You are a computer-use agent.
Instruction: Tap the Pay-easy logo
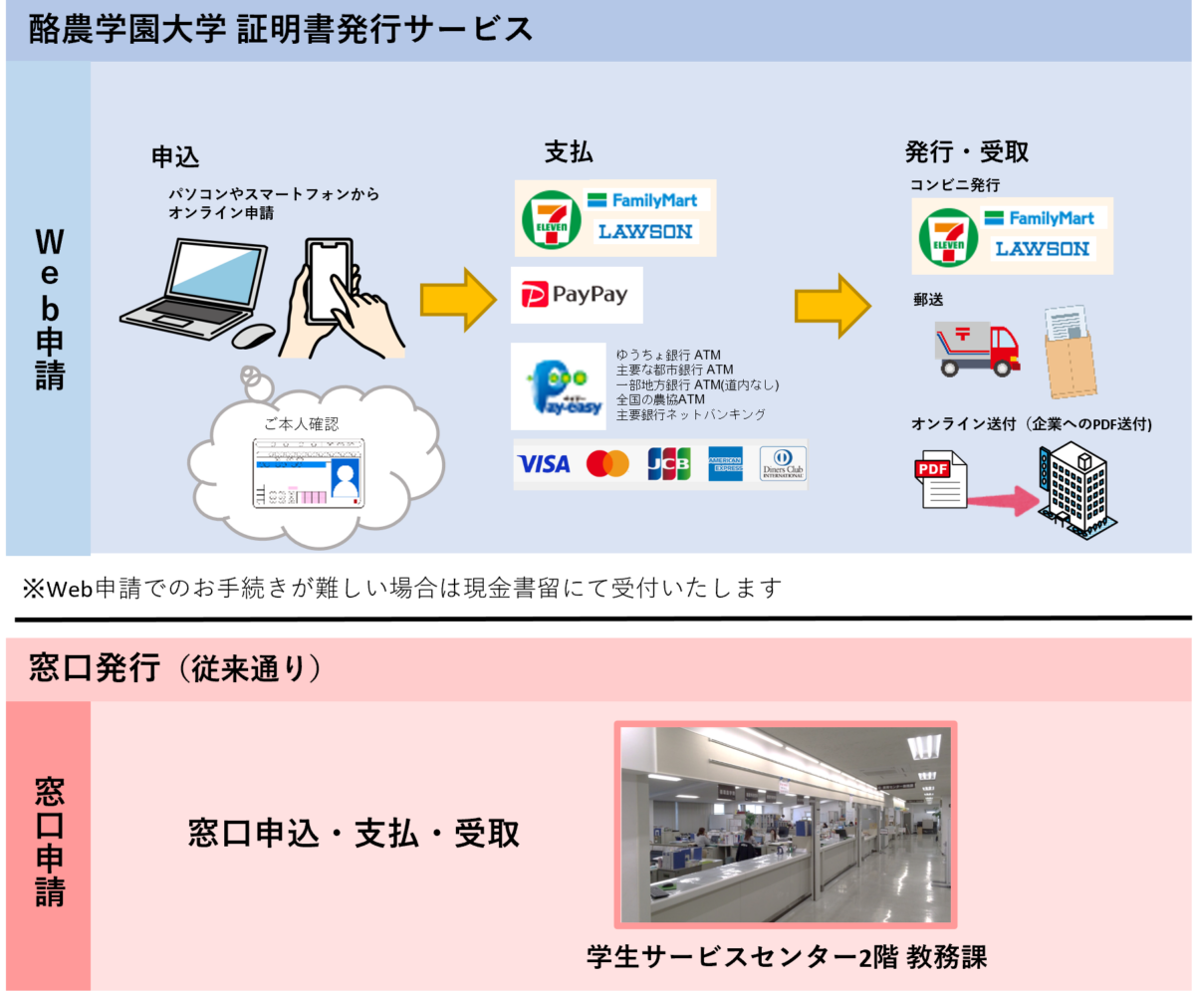(558, 386)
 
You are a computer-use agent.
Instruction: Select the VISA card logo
(544, 464)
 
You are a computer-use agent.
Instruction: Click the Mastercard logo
(607, 464)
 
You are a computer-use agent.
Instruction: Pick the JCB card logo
(668, 464)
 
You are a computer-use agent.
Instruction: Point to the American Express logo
(725, 464)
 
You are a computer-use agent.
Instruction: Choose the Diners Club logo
(782, 464)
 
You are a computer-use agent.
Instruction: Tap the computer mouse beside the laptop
(254, 336)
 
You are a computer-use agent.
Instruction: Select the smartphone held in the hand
(330, 278)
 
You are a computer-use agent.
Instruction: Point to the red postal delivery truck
(978, 348)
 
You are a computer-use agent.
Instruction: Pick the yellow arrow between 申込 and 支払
(457, 298)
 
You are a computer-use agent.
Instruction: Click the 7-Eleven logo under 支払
(551, 219)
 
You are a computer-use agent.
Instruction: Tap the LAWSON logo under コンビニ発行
(1043, 248)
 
